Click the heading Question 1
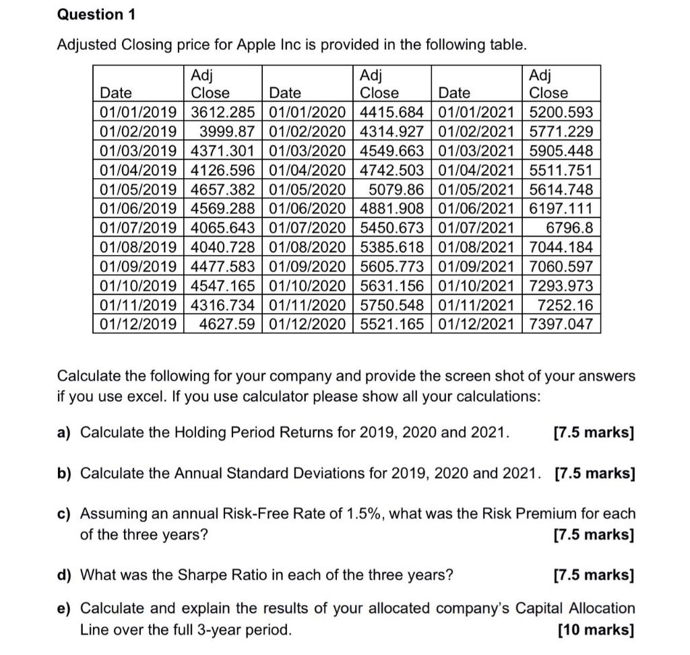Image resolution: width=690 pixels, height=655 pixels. [90, 14]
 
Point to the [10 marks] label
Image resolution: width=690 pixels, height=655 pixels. [596, 630]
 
